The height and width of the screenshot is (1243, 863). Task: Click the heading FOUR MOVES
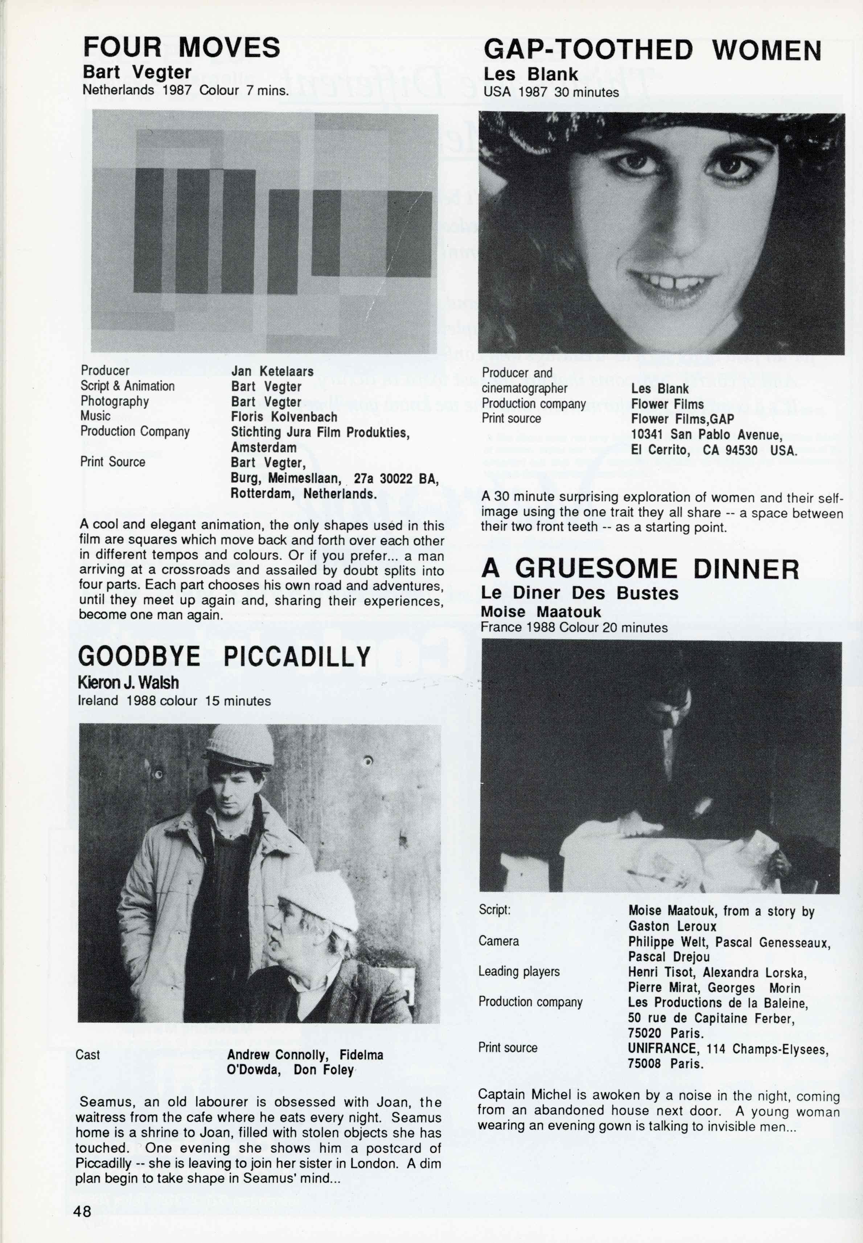[x=182, y=48]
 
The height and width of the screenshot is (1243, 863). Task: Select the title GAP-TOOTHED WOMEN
[x=652, y=50]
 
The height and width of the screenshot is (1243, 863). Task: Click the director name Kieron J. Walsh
[x=128, y=683]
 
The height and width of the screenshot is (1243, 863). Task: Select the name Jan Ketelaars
[x=272, y=371]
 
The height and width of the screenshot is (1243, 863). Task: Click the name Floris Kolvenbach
[x=284, y=417]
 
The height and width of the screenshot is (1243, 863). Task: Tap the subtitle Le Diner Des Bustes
[x=580, y=593]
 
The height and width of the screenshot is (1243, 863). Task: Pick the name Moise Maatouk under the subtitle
[x=541, y=612]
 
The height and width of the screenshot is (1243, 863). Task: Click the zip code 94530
[x=741, y=450]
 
